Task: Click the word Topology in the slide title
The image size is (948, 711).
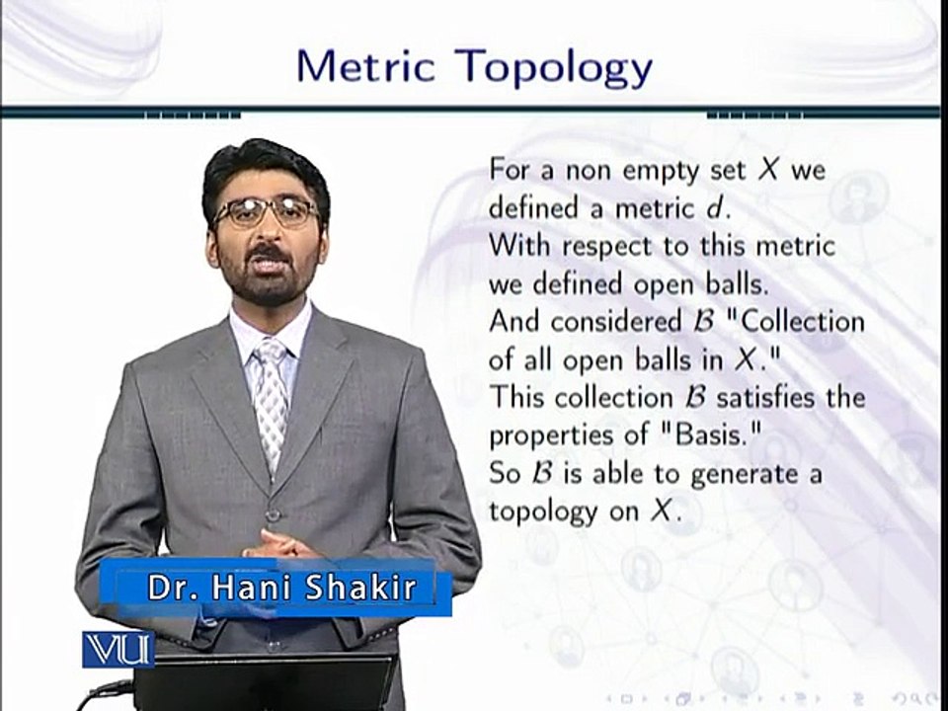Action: [x=556, y=68]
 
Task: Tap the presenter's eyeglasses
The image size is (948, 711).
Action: [x=266, y=211]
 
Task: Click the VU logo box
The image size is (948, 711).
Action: [x=118, y=648]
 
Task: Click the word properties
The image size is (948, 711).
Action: [x=546, y=436]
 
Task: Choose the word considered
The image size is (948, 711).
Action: [x=628, y=322]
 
